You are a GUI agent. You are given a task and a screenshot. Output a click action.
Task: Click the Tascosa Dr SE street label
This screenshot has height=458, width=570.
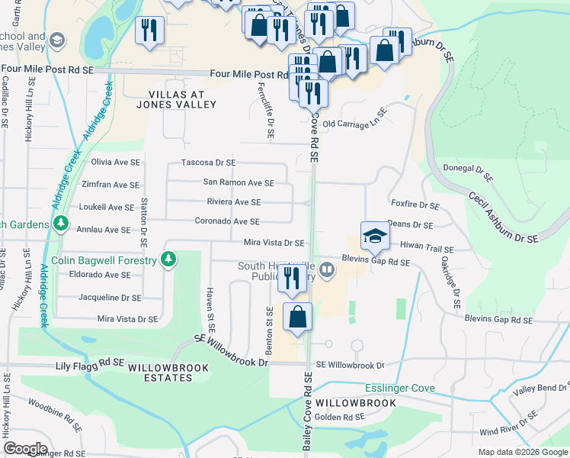pyautogui.click(x=208, y=163)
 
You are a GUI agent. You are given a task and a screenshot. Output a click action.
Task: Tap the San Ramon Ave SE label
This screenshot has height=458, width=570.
pyautogui.click(x=238, y=182)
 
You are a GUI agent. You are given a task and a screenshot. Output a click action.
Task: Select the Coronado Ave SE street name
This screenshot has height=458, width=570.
pyautogui.click(x=228, y=222)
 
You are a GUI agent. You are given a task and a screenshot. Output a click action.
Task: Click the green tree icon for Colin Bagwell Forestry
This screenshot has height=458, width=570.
pyautogui.click(x=169, y=260)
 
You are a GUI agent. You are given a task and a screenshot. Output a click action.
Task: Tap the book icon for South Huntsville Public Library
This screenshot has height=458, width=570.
pyautogui.click(x=326, y=269)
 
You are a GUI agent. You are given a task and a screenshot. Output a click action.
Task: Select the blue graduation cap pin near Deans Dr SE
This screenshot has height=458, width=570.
pyautogui.click(x=375, y=234)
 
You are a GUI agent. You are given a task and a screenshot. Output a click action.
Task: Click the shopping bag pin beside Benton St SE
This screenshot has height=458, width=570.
pyautogui.click(x=298, y=316)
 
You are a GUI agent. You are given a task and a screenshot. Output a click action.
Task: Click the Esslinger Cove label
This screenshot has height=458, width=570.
pyautogui.click(x=399, y=389)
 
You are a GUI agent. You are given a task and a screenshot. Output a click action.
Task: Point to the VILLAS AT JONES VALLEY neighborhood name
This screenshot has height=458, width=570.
pyautogui.click(x=177, y=98)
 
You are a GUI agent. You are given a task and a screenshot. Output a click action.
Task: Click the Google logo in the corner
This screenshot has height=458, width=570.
pyautogui.click(x=25, y=449)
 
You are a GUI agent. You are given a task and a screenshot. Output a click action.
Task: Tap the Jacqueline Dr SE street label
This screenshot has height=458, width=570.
pyautogui.click(x=105, y=298)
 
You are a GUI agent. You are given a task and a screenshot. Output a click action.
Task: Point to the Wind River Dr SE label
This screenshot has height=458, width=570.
pyautogui.click(x=514, y=432)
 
